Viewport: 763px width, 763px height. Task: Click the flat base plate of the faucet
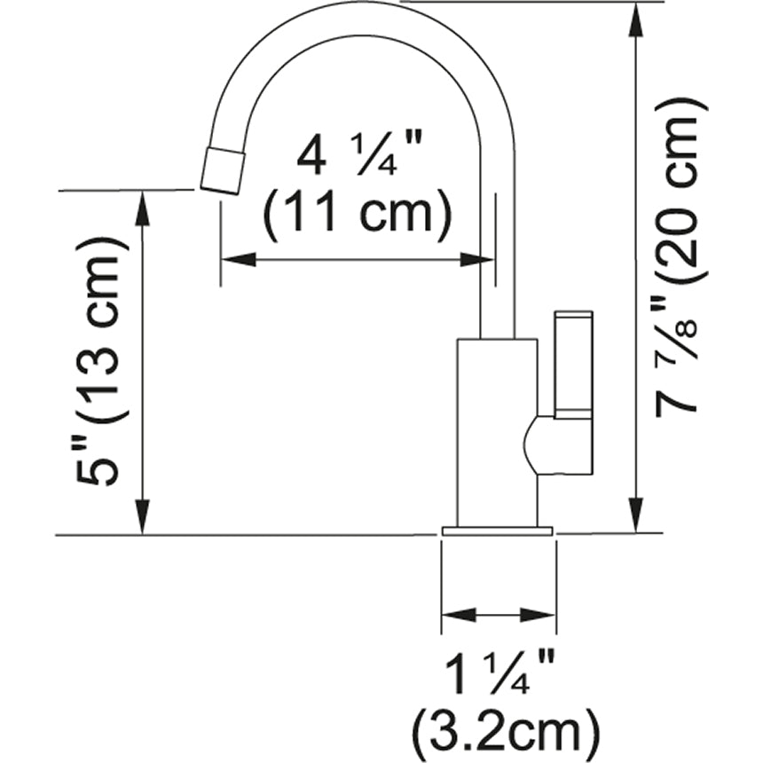[x=497, y=531]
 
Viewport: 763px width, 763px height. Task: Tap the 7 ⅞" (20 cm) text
[x=681, y=257]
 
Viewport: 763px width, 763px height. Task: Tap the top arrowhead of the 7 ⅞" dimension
[x=635, y=20]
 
